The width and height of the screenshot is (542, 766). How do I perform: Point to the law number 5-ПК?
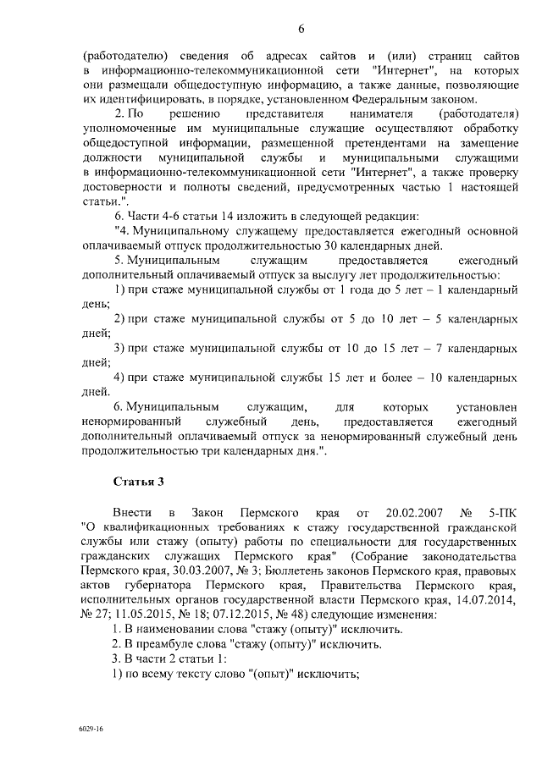pos(501,513)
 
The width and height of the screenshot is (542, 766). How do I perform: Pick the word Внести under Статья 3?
pos(133,513)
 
